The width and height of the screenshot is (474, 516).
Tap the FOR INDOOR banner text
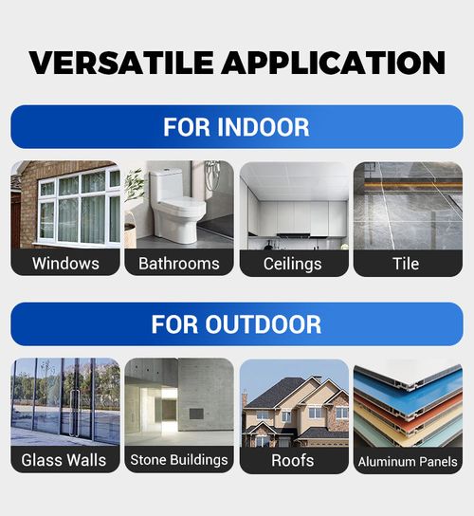click(236, 126)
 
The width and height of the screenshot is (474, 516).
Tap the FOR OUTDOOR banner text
click(236, 323)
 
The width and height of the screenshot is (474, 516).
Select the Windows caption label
click(65, 263)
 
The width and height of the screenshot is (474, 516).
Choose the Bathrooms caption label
click(178, 263)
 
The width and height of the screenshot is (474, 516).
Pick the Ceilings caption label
click(293, 263)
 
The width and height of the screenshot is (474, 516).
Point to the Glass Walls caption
click(64, 460)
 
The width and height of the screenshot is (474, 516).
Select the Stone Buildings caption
click(178, 460)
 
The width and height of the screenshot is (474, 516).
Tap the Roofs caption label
click(293, 460)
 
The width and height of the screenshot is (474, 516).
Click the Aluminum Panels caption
click(408, 462)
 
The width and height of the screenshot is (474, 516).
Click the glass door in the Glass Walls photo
click(76, 403)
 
